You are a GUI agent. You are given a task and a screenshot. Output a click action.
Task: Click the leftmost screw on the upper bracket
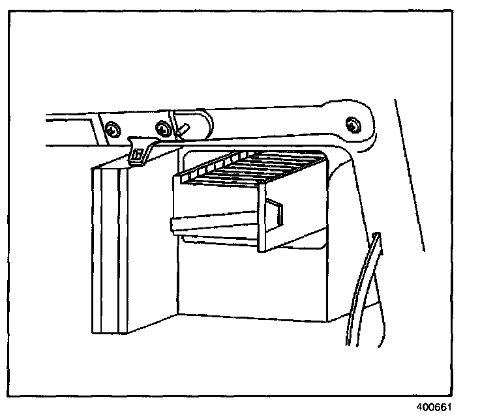pos(113,130)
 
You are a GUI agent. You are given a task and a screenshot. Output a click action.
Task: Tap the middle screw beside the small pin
pos(161,130)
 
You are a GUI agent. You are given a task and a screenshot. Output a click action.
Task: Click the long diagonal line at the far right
pos(410,176)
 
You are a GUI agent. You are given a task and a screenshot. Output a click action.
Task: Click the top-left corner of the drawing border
pos(14,13)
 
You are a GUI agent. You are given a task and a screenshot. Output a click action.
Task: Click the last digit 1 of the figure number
pos(449,406)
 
